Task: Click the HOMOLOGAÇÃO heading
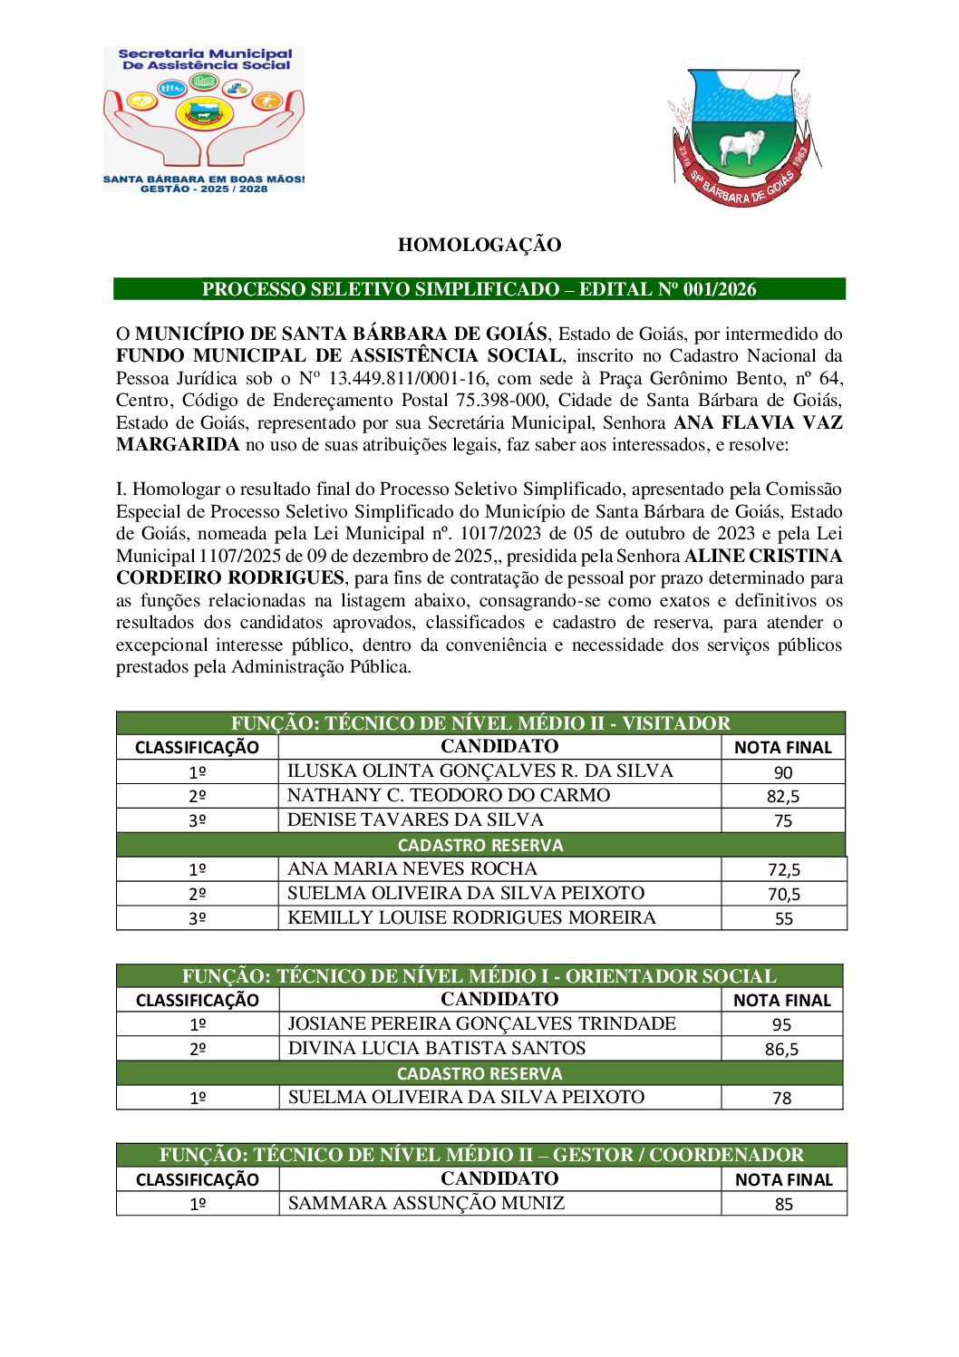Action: [479, 245]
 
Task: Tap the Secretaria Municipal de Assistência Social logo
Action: [203, 119]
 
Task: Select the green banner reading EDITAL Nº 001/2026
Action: [479, 289]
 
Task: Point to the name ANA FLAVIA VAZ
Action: [758, 422]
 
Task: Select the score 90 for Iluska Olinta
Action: [783, 772]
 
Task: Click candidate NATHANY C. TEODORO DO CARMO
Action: [449, 795]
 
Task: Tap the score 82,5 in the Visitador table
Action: [783, 797]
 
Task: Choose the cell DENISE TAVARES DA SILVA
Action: [415, 819]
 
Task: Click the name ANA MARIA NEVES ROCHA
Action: [412, 868]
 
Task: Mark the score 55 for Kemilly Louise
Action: [783, 918]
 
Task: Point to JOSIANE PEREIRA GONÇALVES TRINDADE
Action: [481, 1023]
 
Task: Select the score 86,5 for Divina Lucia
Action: [781, 1050]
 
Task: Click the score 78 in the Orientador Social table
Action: [781, 1098]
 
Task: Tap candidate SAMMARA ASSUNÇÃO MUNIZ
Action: [426, 1203]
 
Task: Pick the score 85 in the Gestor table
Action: [783, 1205]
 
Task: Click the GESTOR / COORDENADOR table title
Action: [480, 1155]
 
